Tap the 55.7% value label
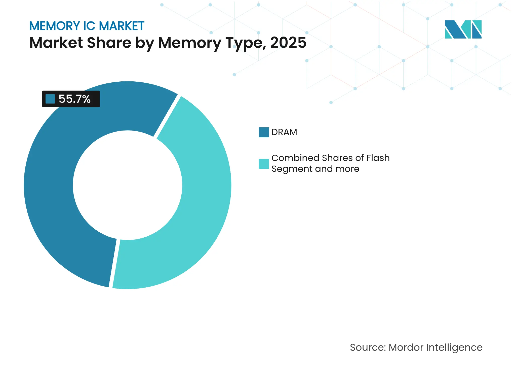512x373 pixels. [x=74, y=99]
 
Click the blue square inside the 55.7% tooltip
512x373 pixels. [x=50, y=99]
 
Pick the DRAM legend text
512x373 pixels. [x=284, y=132]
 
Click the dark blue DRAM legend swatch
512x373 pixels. [x=264, y=132]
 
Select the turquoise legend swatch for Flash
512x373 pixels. [x=264, y=164]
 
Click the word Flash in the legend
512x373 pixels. [x=378, y=158]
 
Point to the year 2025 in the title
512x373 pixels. [x=288, y=43]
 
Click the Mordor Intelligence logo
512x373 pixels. [x=463, y=29]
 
